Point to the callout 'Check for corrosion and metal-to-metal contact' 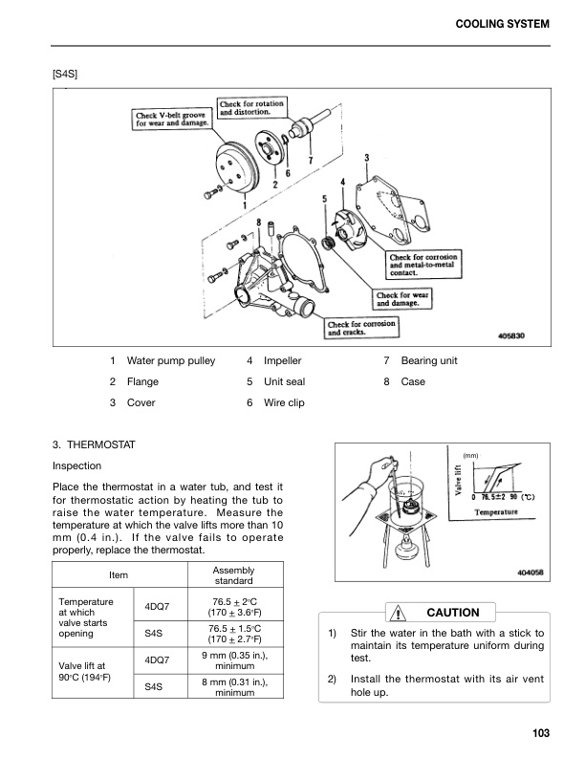coord(423,264)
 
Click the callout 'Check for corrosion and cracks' coord(362,327)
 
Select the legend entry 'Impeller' coord(282,361)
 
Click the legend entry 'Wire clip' coord(283,403)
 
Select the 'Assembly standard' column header coord(232,574)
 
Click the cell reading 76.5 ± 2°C coord(232,607)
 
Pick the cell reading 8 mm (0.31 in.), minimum coord(232,687)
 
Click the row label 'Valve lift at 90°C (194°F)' coord(86,671)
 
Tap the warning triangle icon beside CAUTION coord(394,612)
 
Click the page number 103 coord(542,733)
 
